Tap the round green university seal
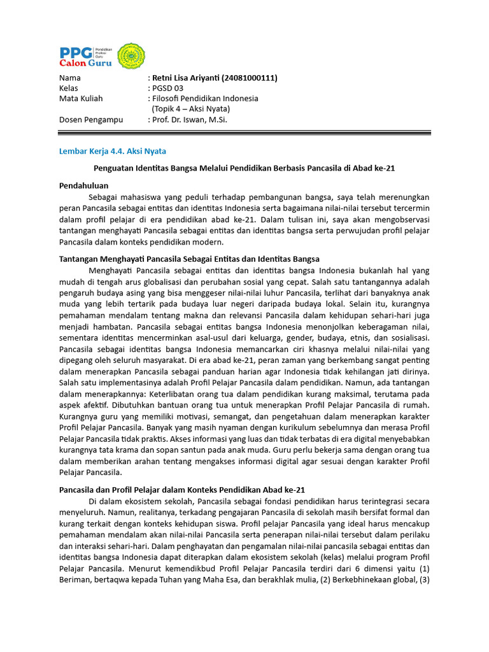coord(132,57)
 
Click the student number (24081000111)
coord(249,78)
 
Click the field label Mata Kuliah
coord(81,99)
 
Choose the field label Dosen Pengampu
coord(89,119)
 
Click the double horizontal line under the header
coord(244,133)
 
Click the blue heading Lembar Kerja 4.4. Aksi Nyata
coord(112,151)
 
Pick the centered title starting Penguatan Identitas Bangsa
coord(244,167)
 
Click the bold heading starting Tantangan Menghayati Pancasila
coord(189,259)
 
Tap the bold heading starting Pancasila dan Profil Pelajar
coord(182,490)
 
